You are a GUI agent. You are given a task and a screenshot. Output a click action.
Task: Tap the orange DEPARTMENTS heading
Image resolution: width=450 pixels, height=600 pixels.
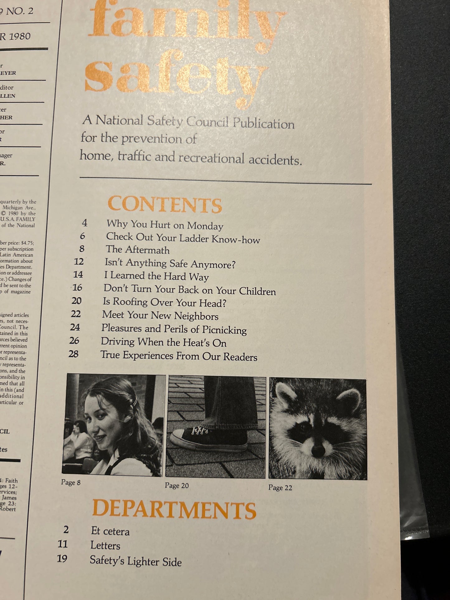[174, 510]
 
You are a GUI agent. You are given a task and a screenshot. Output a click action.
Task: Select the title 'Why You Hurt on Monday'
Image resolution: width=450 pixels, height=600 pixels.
[165, 225]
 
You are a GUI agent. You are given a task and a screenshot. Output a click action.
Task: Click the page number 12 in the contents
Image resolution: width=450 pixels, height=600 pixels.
[79, 261]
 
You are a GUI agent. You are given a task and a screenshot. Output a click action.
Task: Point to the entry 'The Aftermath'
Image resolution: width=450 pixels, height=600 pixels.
[138, 250]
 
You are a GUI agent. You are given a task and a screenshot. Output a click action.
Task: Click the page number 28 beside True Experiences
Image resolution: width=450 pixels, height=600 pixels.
[73, 354]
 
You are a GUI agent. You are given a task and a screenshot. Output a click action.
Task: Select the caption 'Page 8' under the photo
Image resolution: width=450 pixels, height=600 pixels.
[71, 483]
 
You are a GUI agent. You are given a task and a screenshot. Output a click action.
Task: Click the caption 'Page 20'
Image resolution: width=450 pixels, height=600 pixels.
[177, 485]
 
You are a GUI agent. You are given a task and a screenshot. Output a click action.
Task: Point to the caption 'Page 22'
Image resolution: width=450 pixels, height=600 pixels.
[280, 488]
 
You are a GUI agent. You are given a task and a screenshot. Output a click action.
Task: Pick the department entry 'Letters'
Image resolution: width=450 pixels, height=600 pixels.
[105, 546]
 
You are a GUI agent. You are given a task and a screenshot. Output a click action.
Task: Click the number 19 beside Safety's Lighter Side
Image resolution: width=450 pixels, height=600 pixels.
[62, 559]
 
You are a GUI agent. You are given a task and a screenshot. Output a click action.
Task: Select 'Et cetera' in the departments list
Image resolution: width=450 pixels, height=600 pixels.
[110, 531]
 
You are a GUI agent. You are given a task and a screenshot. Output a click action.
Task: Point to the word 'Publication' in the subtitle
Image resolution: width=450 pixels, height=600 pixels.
[263, 123]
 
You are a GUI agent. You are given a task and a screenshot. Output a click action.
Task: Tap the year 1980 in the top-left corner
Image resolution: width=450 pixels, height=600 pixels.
[19, 36]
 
